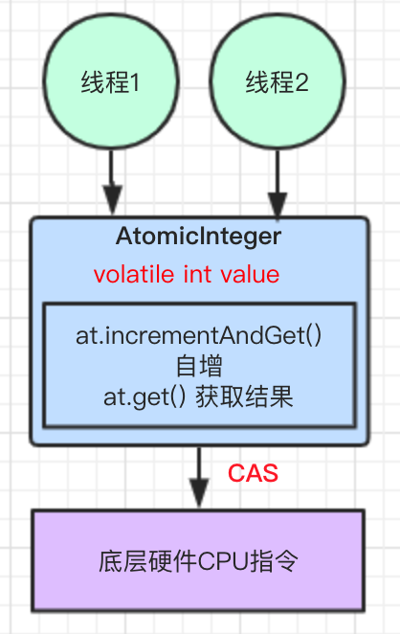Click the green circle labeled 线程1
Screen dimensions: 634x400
coord(112,83)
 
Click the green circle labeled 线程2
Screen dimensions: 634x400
coord(277,83)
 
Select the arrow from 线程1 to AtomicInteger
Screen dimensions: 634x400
coord(112,182)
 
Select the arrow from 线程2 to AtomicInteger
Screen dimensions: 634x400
coord(277,182)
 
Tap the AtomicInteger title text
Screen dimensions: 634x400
coord(198,236)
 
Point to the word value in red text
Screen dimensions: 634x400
coord(248,275)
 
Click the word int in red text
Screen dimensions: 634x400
coord(196,275)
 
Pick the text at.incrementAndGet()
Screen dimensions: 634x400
coord(199,337)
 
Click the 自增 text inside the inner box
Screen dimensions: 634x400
coord(199,366)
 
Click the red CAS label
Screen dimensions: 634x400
coord(253,473)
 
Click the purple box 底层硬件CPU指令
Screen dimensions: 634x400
coord(198,560)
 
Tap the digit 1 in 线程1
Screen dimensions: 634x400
coord(135,83)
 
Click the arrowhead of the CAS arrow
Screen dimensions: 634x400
coord(198,496)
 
